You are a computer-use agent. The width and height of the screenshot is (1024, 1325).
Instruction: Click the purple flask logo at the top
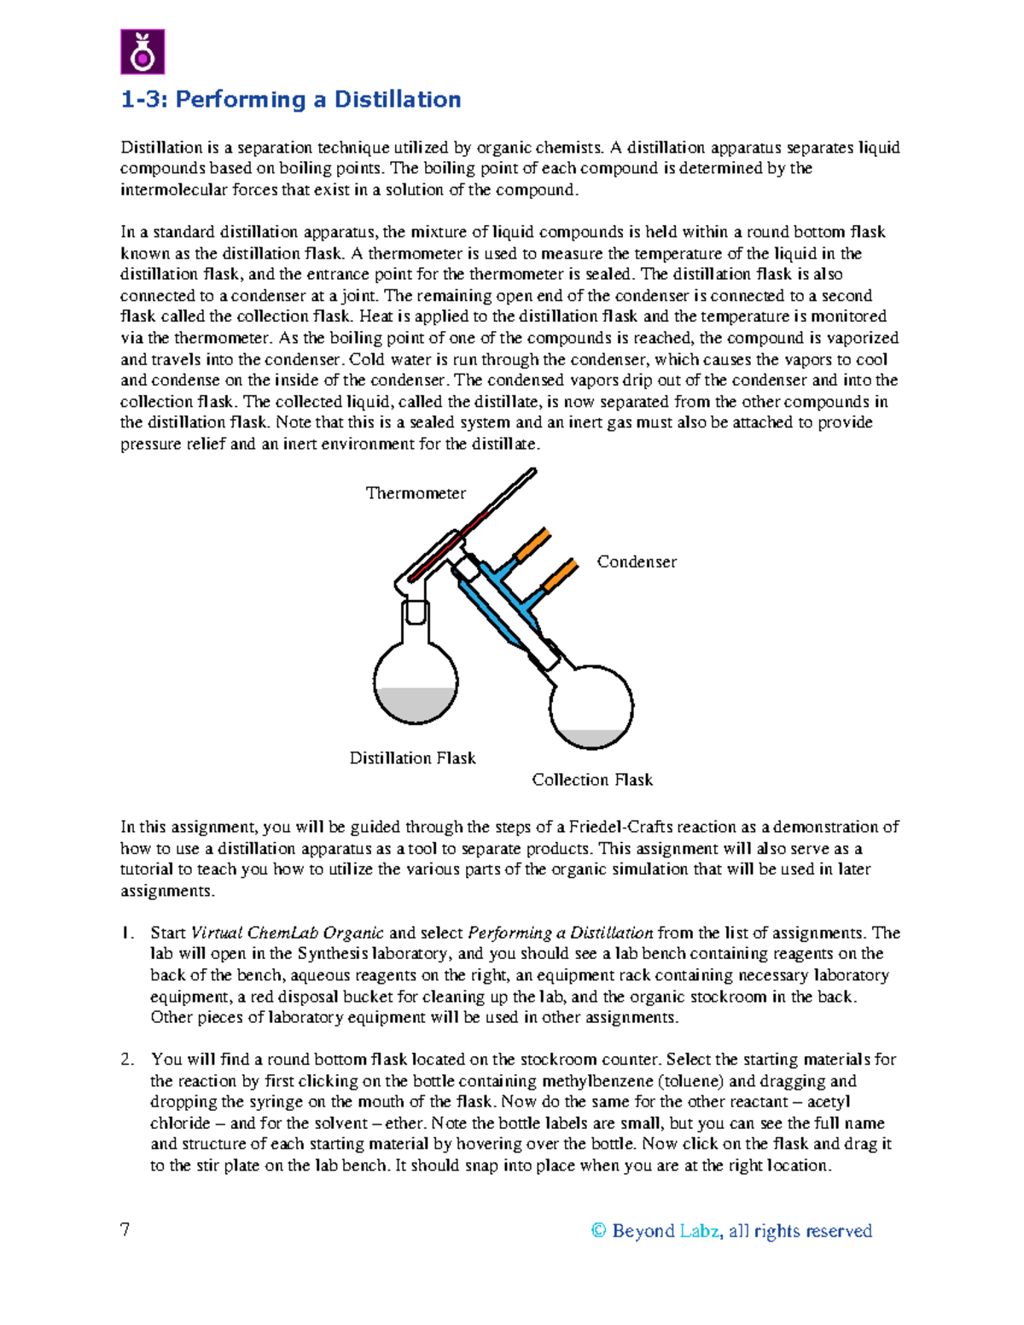(x=142, y=52)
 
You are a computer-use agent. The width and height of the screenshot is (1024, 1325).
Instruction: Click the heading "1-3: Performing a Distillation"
(x=290, y=100)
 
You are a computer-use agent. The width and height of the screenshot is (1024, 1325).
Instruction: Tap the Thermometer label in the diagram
(x=416, y=493)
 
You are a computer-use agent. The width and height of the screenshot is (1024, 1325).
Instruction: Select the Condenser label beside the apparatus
(x=637, y=561)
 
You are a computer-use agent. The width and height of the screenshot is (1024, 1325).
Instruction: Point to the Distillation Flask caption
(x=412, y=758)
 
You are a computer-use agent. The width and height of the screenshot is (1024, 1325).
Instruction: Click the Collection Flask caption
(x=592, y=780)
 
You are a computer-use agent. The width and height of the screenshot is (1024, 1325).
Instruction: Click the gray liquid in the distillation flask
(x=416, y=705)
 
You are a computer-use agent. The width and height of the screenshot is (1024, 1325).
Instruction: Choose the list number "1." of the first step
(x=127, y=933)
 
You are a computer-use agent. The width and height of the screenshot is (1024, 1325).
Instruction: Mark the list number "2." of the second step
(x=127, y=1060)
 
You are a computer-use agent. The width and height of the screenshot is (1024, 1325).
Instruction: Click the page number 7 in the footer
(x=125, y=1229)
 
